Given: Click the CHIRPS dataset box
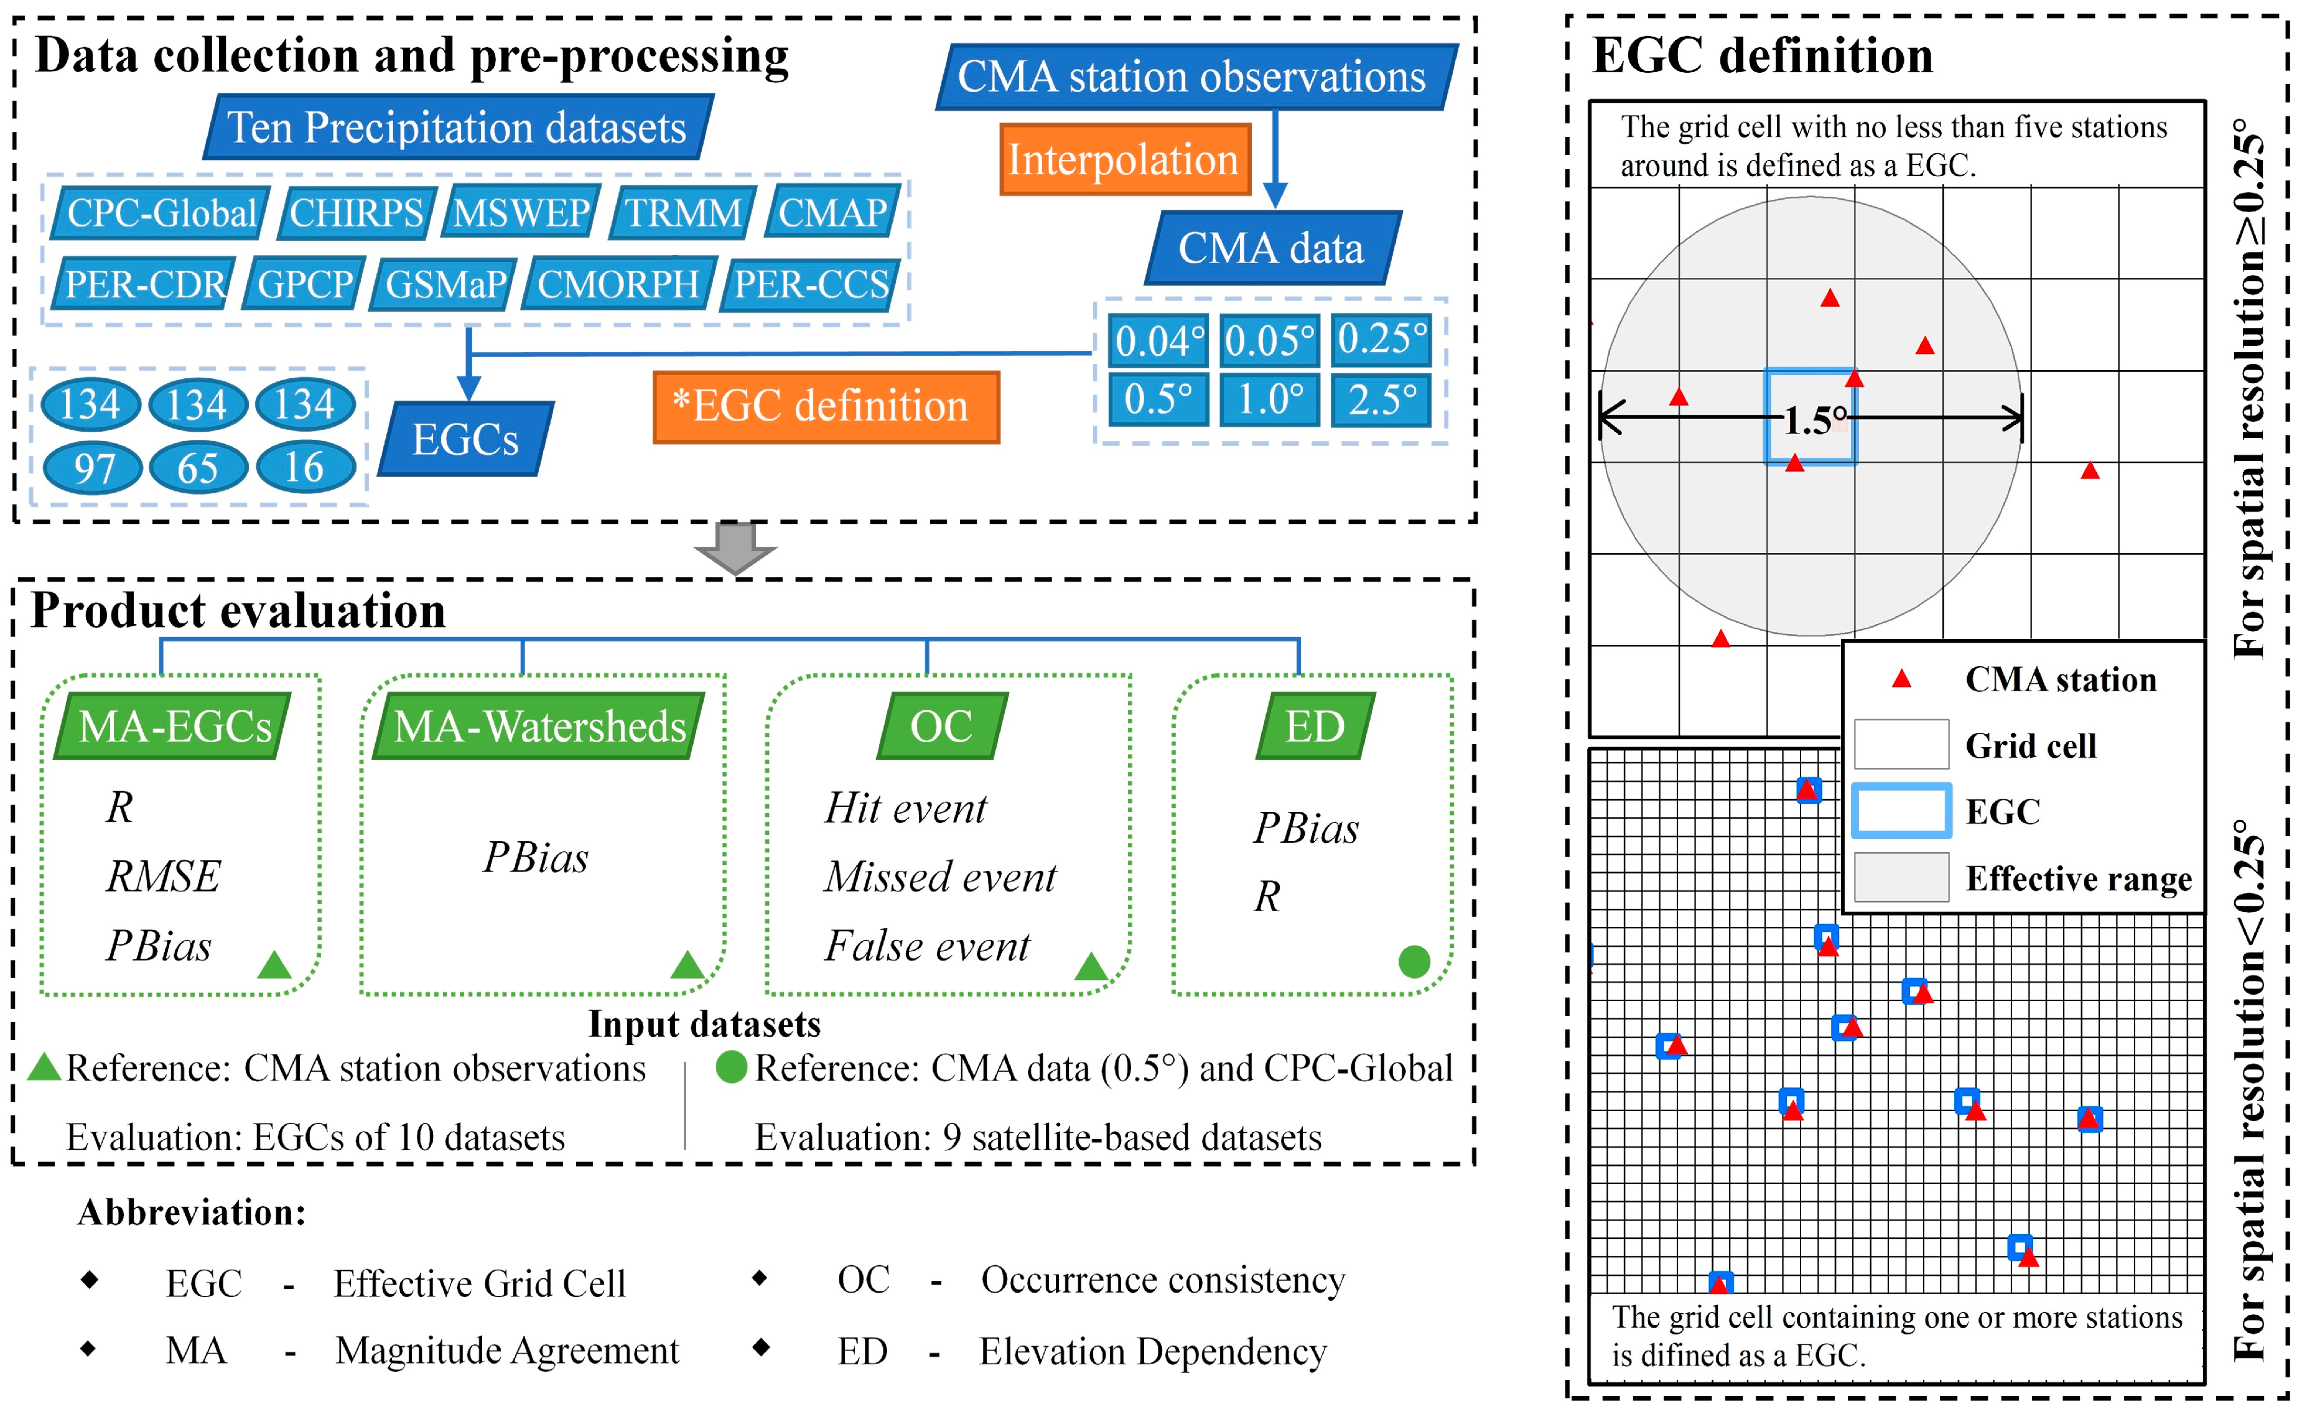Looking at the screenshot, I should pos(356,213).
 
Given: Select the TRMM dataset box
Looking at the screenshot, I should pos(683,213).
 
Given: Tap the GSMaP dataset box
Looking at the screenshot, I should pos(445,284).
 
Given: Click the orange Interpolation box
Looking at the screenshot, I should pos(1124,160).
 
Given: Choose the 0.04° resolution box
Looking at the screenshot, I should pos(1158,340).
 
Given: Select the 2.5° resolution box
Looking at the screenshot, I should pos(1382,400).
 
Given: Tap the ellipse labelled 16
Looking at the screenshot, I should pos(305,467).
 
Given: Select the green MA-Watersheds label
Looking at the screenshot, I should pos(539,727).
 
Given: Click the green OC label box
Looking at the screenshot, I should pos(941,727).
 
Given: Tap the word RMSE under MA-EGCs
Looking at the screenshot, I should pos(162,877).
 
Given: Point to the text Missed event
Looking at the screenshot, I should pos(939,877).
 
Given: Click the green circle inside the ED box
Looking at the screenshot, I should pos(1414,961).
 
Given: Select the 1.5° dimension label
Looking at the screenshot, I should pos(1814,420).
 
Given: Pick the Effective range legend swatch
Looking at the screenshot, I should pos(1900,877).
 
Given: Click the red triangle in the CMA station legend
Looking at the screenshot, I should pos(1901,679).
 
